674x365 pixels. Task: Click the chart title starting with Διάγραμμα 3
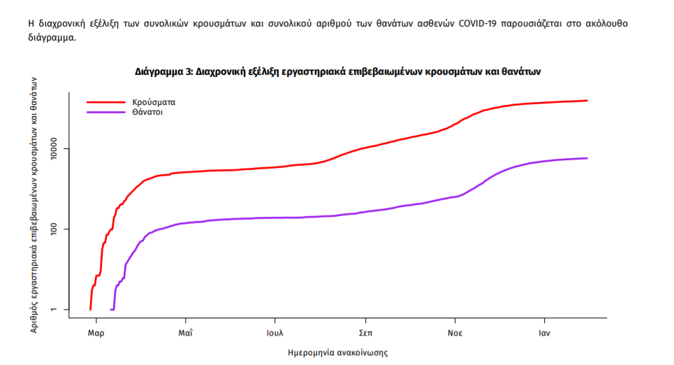pos(338,71)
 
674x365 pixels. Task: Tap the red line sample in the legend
pos(105,101)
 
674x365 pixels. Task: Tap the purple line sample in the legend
pos(105,112)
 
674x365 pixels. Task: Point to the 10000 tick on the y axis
pos(57,149)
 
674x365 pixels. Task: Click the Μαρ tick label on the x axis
pos(96,333)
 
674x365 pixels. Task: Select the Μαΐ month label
pos(185,333)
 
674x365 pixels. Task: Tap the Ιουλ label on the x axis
pos(275,333)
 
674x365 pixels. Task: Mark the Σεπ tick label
pos(365,333)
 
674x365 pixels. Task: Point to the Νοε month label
pos(455,333)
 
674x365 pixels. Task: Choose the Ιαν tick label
pos(545,333)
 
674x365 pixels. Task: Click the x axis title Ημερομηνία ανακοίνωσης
pos(337,352)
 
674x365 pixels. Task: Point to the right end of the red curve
pos(587,101)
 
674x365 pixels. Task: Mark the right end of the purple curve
pos(587,158)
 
